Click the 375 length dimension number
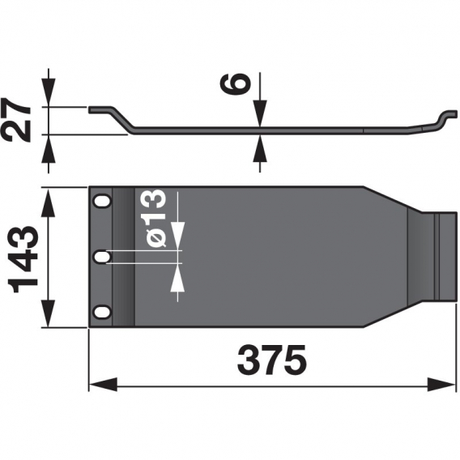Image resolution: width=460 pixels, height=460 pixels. [272, 360]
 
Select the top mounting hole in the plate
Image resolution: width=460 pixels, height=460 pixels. [101, 200]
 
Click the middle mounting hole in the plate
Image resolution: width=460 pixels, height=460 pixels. [101, 257]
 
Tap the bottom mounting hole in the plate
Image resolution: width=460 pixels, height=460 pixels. [101, 313]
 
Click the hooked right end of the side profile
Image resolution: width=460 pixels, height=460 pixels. [444, 118]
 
